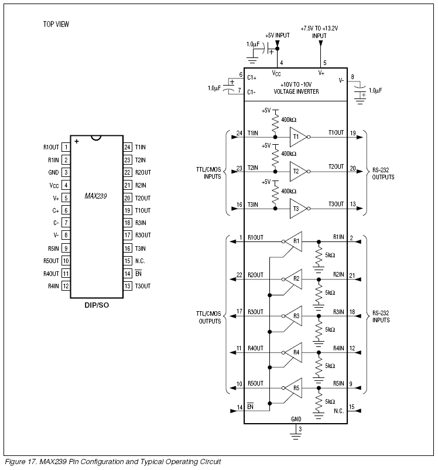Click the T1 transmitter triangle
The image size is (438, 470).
298,137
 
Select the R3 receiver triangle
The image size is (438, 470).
294,316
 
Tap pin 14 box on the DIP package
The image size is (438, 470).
128,273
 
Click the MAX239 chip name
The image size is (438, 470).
95,196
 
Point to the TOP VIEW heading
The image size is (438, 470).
56,24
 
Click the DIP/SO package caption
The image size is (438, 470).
97,305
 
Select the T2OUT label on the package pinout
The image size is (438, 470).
143,198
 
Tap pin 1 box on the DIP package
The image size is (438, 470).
66,147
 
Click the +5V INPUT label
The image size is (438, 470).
278,35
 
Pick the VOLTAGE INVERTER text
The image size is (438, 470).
296,92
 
